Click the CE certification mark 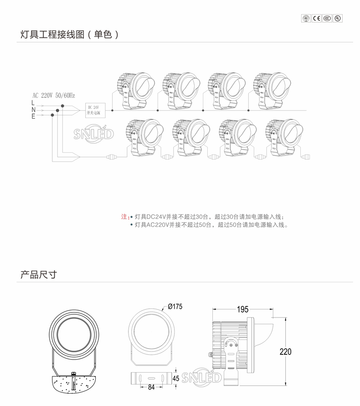coord(317,18)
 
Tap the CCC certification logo coord(327,18)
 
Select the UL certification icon coord(338,18)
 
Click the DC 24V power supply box coord(96,110)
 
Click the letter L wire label coord(33,104)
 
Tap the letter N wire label coord(33,110)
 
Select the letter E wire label coord(33,116)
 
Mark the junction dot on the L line coord(63,106)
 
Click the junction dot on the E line coord(53,115)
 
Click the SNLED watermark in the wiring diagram coord(93,135)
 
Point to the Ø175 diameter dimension coord(175,307)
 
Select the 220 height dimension coord(285,352)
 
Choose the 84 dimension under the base coord(152,388)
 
